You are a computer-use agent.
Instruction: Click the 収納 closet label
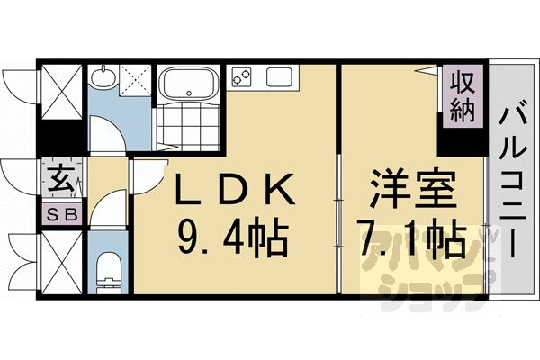click(x=462, y=94)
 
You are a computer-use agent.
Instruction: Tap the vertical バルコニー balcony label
click(x=512, y=180)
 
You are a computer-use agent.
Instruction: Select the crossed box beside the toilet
click(x=61, y=262)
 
